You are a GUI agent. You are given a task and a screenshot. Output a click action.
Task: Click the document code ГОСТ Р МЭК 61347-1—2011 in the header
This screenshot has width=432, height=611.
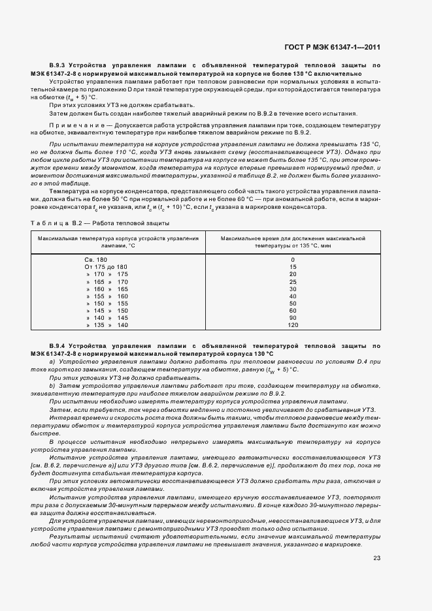pyautogui.click(x=333, y=47)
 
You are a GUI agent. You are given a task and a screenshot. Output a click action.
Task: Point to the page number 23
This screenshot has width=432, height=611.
pyautogui.click(x=376, y=557)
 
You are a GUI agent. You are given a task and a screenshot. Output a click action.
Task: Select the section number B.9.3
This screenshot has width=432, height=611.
pyautogui.click(x=60, y=66)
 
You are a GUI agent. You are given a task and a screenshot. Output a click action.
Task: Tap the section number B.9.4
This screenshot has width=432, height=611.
pyautogui.click(x=60, y=345)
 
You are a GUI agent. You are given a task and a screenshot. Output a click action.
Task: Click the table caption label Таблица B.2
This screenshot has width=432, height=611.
pyautogui.click(x=56, y=223)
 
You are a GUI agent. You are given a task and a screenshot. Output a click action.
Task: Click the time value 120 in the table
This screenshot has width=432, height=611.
pyautogui.click(x=292, y=325)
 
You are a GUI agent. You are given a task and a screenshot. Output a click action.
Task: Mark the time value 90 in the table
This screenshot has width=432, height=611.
pyautogui.click(x=292, y=318)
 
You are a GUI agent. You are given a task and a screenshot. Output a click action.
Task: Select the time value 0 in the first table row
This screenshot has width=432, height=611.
pyautogui.click(x=292, y=260)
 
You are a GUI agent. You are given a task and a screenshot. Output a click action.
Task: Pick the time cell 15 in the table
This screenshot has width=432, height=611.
pyautogui.click(x=292, y=268)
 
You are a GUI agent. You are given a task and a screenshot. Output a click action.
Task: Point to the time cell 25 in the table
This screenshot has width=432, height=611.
pyautogui.click(x=292, y=282)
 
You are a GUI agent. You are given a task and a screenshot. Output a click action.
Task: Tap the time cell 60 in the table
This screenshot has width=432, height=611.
pyautogui.click(x=292, y=311)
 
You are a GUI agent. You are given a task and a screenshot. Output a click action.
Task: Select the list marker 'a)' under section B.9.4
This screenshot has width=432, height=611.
pyautogui.click(x=52, y=361)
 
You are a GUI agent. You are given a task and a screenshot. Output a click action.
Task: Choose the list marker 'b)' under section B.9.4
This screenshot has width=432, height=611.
pyautogui.click(x=52, y=386)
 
